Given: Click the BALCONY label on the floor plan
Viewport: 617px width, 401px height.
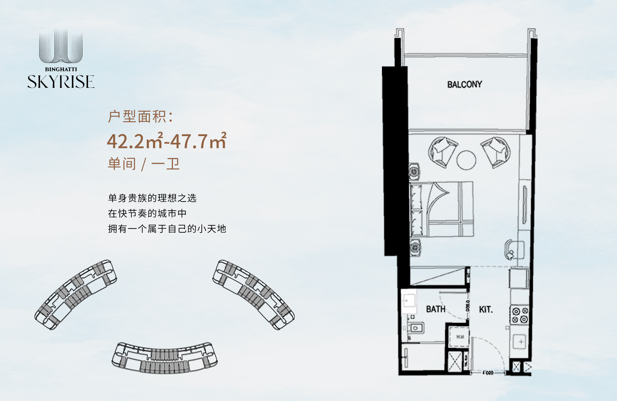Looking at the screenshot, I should (464, 84).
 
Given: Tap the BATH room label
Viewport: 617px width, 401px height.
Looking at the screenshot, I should (435, 309).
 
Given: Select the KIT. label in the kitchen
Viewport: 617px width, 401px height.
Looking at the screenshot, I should (486, 309).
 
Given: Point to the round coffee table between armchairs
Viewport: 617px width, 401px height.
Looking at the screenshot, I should (466, 160).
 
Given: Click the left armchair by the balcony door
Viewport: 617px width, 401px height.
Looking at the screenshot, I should (443, 152).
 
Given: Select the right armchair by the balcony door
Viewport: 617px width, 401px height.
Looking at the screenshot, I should (496, 152).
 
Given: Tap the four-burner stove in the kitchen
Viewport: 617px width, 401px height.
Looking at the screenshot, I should (520, 315).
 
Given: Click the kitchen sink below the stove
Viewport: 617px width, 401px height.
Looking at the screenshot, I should (521, 341).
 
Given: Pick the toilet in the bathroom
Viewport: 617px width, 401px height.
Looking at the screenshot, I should (416, 328).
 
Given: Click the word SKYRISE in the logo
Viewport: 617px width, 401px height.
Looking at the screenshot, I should (61, 82).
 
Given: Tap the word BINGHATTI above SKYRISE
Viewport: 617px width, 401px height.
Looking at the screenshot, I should (61, 69).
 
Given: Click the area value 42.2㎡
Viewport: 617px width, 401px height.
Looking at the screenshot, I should (135, 141).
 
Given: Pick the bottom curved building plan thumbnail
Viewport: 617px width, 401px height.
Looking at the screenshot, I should (165, 357).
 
